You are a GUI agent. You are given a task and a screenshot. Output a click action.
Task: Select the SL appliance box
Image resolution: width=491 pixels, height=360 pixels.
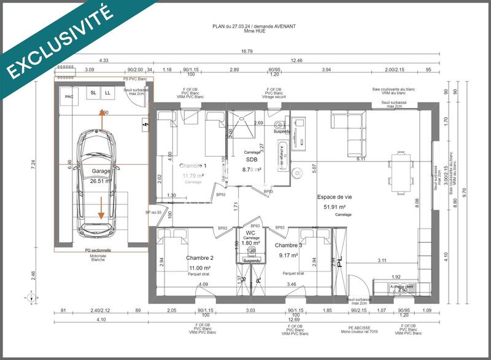point(93,93)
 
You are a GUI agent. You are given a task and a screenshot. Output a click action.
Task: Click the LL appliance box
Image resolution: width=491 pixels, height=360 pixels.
point(107,93)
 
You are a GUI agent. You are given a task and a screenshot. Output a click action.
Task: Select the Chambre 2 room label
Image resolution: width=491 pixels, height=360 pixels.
point(199,257)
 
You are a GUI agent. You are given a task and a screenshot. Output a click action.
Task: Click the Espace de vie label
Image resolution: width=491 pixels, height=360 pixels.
point(334,197)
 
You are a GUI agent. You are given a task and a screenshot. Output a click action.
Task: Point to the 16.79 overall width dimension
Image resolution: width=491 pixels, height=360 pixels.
point(247,52)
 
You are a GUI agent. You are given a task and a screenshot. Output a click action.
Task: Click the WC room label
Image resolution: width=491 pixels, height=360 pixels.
point(250,233)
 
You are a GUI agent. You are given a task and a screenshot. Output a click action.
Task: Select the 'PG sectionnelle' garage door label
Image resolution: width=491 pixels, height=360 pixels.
point(101,250)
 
